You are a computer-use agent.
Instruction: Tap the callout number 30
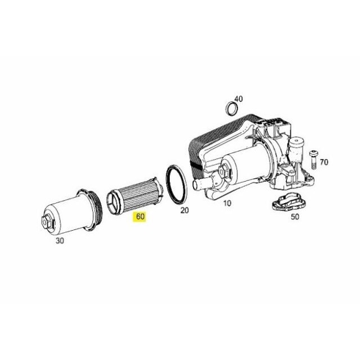[x=60, y=240]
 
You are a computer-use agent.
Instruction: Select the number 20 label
[x=184, y=211]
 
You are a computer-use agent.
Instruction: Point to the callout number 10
[x=227, y=203]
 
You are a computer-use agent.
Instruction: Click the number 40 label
[x=238, y=99]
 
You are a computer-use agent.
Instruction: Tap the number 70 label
[x=323, y=163]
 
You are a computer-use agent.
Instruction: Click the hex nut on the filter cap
[x=49, y=219]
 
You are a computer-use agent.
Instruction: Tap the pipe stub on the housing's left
[x=199, y=184]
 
